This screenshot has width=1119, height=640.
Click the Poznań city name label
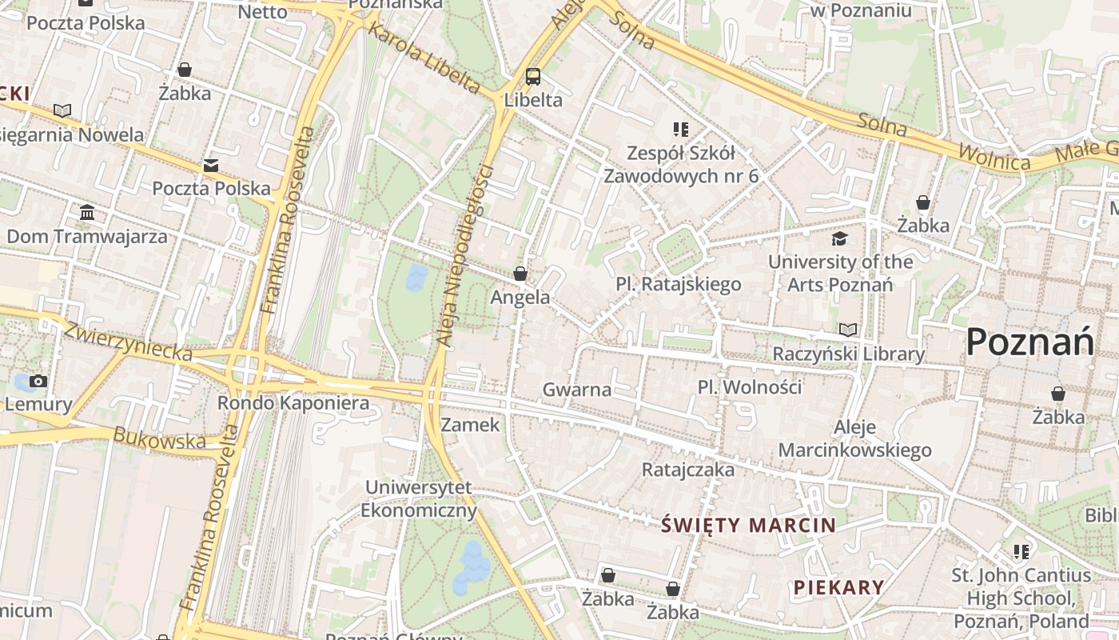[x=1029, y=342]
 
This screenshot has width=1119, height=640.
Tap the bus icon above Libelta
[x=533, y=77]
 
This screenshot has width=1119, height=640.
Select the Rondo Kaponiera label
[x=293, y=402]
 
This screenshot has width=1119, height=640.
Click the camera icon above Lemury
[x=38, y=381]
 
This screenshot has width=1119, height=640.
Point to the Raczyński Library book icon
[x=848, y=330]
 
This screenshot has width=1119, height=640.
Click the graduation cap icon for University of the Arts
[x=839, y=238]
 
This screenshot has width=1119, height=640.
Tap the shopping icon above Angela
[x=520, y=274]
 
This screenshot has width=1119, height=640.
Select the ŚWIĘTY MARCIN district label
[x=749, y=526]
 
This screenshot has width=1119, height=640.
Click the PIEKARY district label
[x=838, y=587]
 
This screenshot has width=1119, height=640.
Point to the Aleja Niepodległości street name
[x=466, y=256]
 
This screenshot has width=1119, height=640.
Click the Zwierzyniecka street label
[x=128, y=342]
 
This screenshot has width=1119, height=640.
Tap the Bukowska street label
[x=160, y=438]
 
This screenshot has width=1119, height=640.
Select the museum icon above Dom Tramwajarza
[x=87, y=213]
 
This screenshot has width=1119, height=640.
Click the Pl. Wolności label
[x=749, y=387]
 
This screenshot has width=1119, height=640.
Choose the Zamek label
[x=470, y=425]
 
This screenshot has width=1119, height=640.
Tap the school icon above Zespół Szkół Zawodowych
[x=680, y=129]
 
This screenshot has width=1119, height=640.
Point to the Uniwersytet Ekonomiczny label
[x=419, y=498]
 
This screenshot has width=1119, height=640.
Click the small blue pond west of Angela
[x=416, y=278]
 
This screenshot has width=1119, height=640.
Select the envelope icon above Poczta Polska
[x=211, y=166]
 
